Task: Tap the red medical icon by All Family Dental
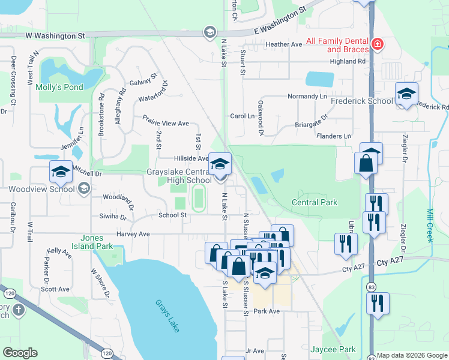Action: pos(377,44)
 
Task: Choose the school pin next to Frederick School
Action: pos(406,94)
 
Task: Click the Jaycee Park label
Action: pos(333,349)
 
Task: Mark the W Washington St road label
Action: pos(55,36)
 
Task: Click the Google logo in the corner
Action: pos(20,353)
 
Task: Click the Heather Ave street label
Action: pos(283,44)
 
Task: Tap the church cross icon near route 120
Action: pos(19,310)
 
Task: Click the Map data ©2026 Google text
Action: pos(412,355)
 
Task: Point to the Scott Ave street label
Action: pos(55,289)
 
